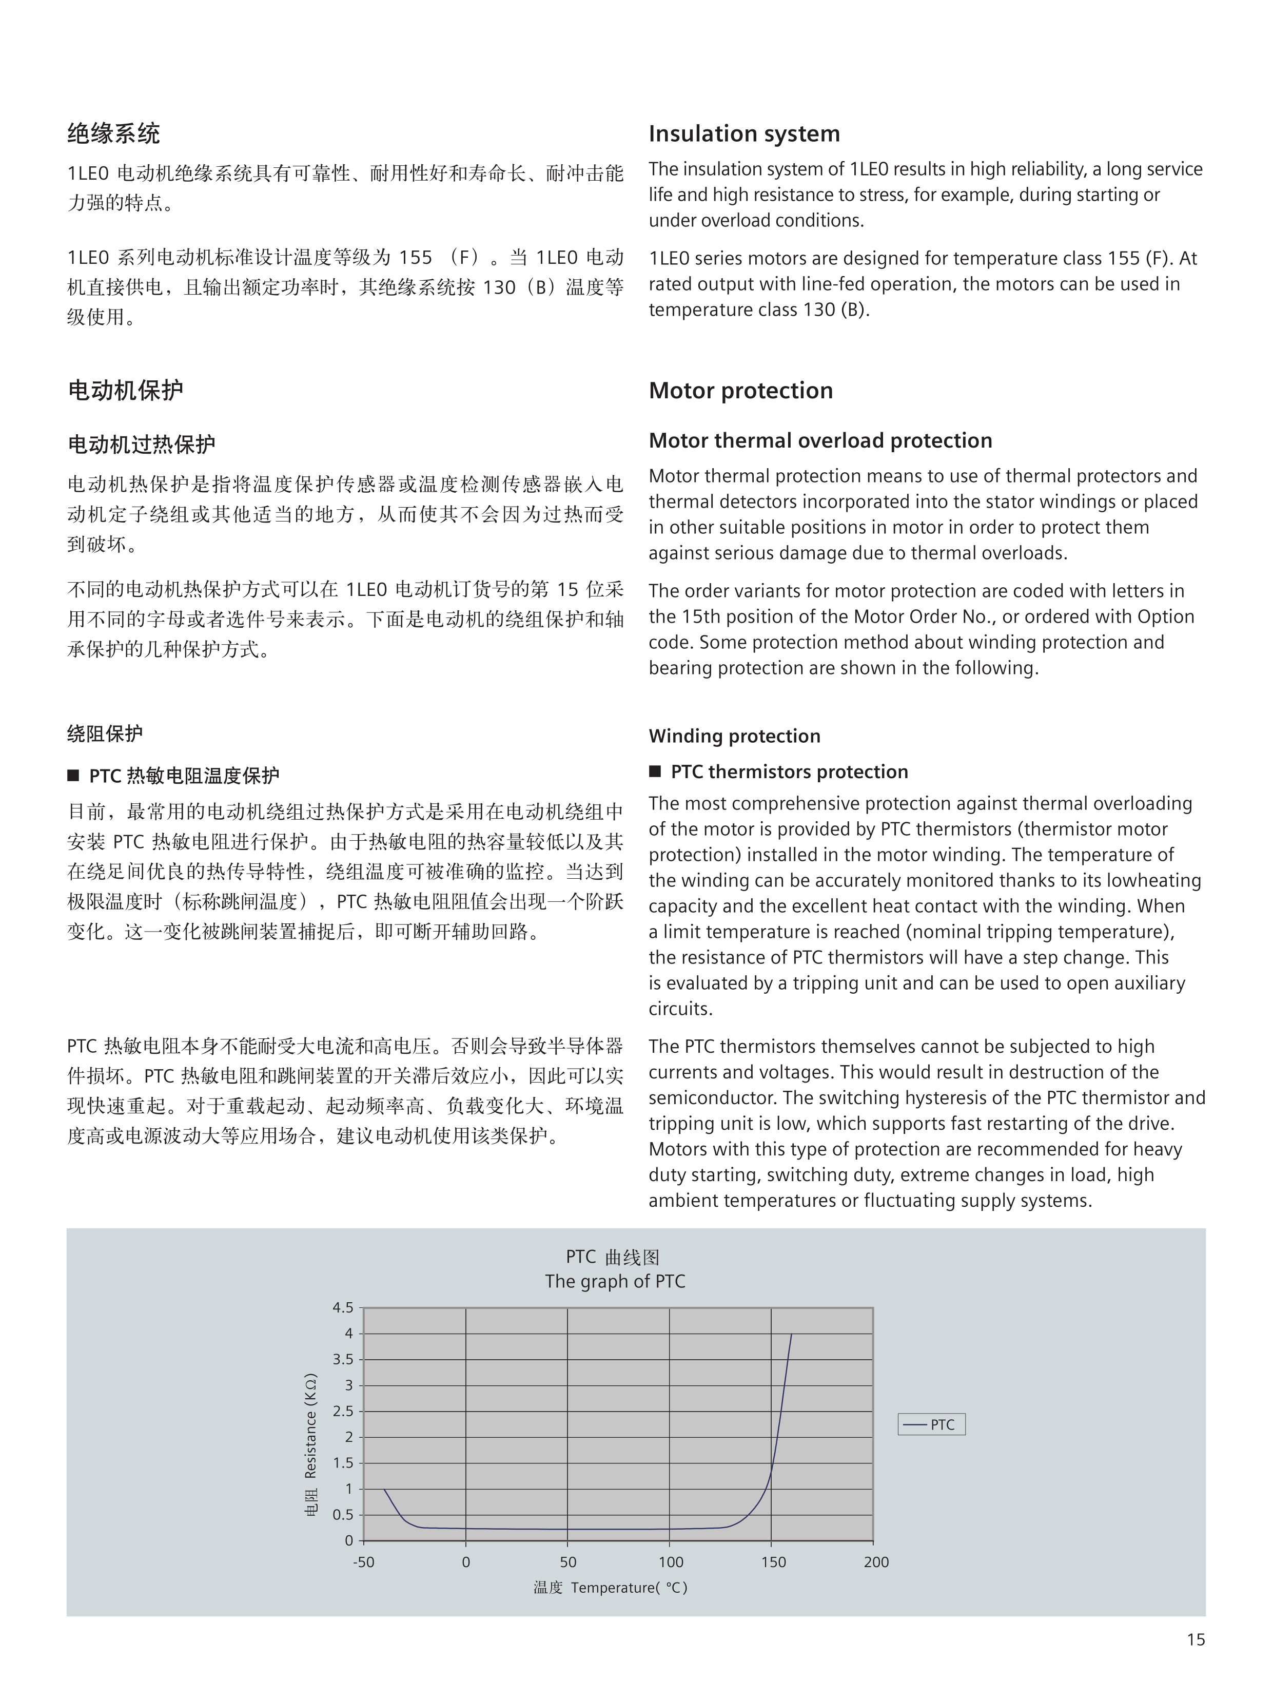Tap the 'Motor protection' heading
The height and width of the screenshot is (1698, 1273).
[740, 391]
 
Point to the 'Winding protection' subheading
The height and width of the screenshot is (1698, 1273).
[734, 736]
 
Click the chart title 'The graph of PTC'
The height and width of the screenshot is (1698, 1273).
[615, 1281]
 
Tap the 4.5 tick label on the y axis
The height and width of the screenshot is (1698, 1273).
[343, 1307]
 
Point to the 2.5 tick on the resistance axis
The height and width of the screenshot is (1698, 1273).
[343, 1411]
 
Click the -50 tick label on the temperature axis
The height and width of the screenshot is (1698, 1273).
[364, 1562]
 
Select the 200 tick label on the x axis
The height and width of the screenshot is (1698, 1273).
[875, 1562]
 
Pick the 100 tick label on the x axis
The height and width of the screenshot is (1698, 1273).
[671, 1562]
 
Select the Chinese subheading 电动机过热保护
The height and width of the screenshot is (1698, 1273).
[142, 445]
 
